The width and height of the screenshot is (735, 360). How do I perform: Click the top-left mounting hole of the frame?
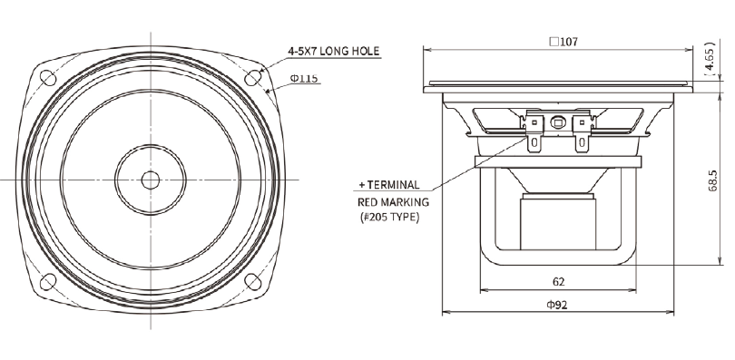(x=48, y=77)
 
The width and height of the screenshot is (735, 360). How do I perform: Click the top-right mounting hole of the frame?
(x=253, y=77)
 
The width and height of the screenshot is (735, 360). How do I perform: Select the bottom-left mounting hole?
(x=48, y=282)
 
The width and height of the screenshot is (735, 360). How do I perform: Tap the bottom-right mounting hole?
(x=253, y=282)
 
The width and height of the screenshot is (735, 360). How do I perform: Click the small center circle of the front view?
(x=151, y=180)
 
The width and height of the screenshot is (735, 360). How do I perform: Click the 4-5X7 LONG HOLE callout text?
(x=333, y=51)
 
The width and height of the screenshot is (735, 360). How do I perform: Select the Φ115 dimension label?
(x=304, y=78)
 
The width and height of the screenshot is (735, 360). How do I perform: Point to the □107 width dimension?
(x=563, y=42)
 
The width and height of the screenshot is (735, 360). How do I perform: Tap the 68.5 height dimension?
(x=713, y=180)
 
